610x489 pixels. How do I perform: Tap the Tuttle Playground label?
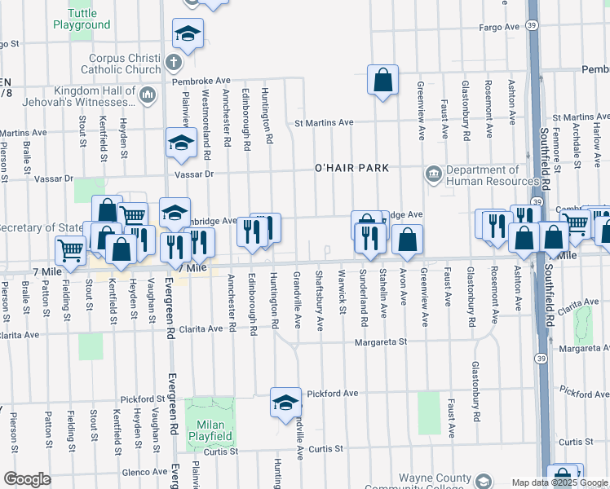tap(82, 19)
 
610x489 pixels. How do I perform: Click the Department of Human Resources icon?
tap(432, 173)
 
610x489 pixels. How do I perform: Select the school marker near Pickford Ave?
tap(285, 403)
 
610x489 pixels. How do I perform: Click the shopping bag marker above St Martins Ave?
tap(382, 80)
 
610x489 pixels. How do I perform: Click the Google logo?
tap(27, 479)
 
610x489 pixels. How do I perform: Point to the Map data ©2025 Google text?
tap(560, 482)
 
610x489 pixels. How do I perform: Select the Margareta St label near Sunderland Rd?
tap(380, 342)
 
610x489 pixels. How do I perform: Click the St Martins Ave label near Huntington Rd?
tap(324, 123)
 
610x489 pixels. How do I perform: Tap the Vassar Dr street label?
tap(193, 174)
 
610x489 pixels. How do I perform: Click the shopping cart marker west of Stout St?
tap(71, 249)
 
